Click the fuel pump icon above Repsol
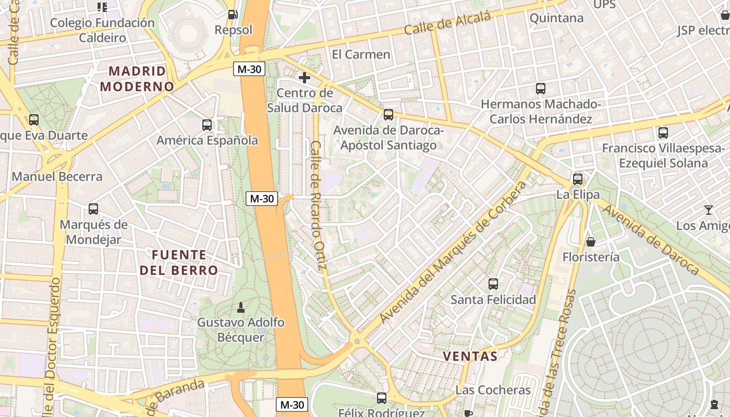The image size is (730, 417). [x=233, y=15]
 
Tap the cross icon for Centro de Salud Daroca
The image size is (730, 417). [x=305, y=78]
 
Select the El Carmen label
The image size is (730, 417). [x=361, y=54]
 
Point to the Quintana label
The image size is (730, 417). [x=556, y=18]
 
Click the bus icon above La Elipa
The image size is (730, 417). [x=578, y=179]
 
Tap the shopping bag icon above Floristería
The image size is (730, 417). [x=591, y=242]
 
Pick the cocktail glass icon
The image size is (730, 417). [x=709, y=210]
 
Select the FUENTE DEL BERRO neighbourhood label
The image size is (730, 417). [x=179, y=262]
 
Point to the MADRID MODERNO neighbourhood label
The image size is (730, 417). [x=137, y=79]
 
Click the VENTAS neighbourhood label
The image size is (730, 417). [x=470, y=357]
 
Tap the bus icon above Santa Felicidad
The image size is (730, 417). [x=493, y=284]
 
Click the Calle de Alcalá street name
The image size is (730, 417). [x=447, y=24]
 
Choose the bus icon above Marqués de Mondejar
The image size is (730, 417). [x=93, y=209]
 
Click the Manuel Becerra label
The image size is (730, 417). [x=57, y=176]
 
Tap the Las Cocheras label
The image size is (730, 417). [x=493, y=390]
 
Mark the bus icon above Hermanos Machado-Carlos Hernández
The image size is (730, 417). [x=541, y=89]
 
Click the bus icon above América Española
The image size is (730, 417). [x=207, y=125]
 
